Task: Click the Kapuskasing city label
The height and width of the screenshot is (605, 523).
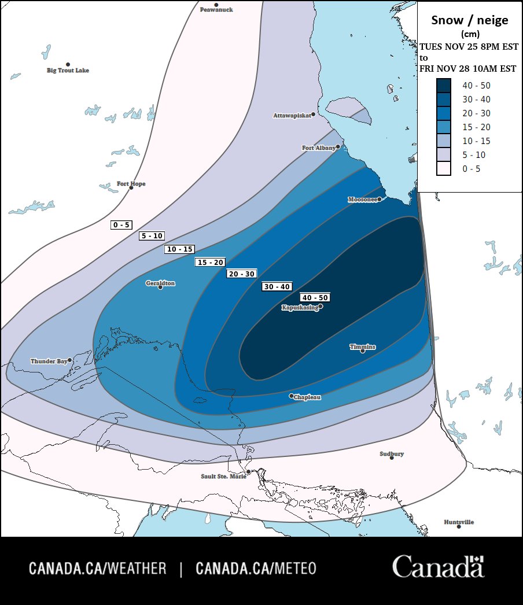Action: coord(300,308)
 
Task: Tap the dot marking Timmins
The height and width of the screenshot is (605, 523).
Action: coord(363,351)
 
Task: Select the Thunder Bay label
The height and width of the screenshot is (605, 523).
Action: coord(49,361)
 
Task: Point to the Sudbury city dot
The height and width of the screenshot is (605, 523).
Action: coord(392,458)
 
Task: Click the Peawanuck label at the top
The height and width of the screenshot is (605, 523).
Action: coord(216,10)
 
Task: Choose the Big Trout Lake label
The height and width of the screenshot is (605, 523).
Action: coord(68,71)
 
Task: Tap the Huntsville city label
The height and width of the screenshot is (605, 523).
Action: coord(459,522)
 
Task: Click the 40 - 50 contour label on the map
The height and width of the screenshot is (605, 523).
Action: coord(315,297)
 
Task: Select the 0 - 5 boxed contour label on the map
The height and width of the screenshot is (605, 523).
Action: coord(121,225)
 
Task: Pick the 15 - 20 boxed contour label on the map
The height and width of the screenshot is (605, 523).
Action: coord(210,262)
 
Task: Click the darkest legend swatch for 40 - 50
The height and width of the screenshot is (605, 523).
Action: coord(444,86)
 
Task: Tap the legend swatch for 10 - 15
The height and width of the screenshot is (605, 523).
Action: coord(444,141)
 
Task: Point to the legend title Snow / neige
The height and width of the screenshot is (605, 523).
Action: coord(470,20)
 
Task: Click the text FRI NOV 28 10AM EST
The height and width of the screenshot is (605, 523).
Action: coord(468,68)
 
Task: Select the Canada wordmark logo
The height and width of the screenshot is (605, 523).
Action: coord(438,567)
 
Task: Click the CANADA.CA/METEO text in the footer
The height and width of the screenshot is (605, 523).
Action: coord(256,569)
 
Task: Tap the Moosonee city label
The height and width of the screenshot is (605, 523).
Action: coord(362,200)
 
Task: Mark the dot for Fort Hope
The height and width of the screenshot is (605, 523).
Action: coord(131,188)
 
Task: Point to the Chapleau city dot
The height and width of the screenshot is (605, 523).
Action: coord(292,396)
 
